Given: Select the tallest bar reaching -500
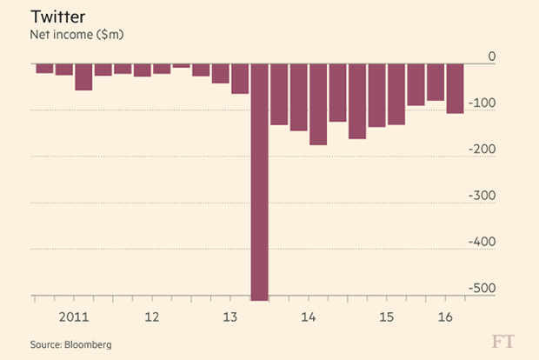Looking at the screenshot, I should (259, 183).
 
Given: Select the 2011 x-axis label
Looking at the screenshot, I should (74, 317).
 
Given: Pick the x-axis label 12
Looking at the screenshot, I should (152, 317).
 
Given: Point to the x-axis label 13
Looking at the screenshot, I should (230, 317).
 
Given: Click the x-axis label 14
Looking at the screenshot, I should (309, 317).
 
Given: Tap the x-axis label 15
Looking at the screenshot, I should (387, 317).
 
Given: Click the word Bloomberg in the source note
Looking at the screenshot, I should (88, 344).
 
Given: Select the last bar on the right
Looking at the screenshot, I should (455, 89).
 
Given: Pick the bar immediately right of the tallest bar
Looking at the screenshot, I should (279, 95).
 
